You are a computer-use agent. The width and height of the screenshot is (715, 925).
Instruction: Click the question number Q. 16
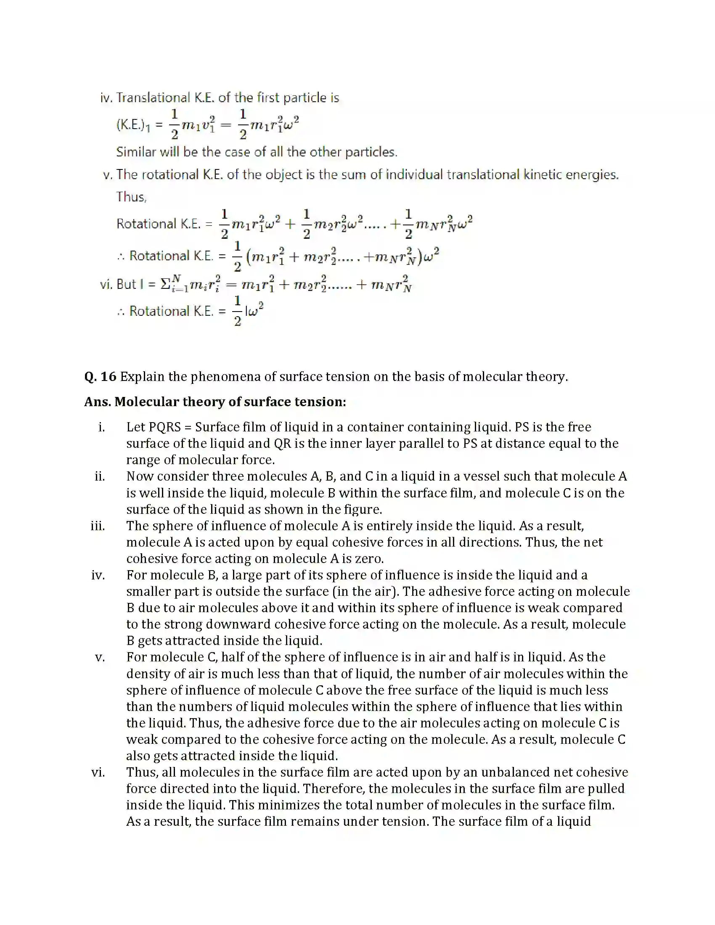point(100,377)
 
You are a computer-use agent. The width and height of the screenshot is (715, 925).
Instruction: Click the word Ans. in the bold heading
point(97,402)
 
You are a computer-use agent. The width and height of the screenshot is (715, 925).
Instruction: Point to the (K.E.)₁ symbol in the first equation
point(133,125)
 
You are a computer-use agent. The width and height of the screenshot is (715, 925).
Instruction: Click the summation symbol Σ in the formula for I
point(165,284)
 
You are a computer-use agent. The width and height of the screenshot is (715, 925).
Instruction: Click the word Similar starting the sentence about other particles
point(134,152)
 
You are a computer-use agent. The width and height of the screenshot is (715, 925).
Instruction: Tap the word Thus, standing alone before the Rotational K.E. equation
point(131,197)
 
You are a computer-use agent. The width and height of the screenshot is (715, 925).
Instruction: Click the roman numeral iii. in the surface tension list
point(98,526)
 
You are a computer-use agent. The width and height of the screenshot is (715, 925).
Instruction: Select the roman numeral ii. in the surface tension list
point(100,476)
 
